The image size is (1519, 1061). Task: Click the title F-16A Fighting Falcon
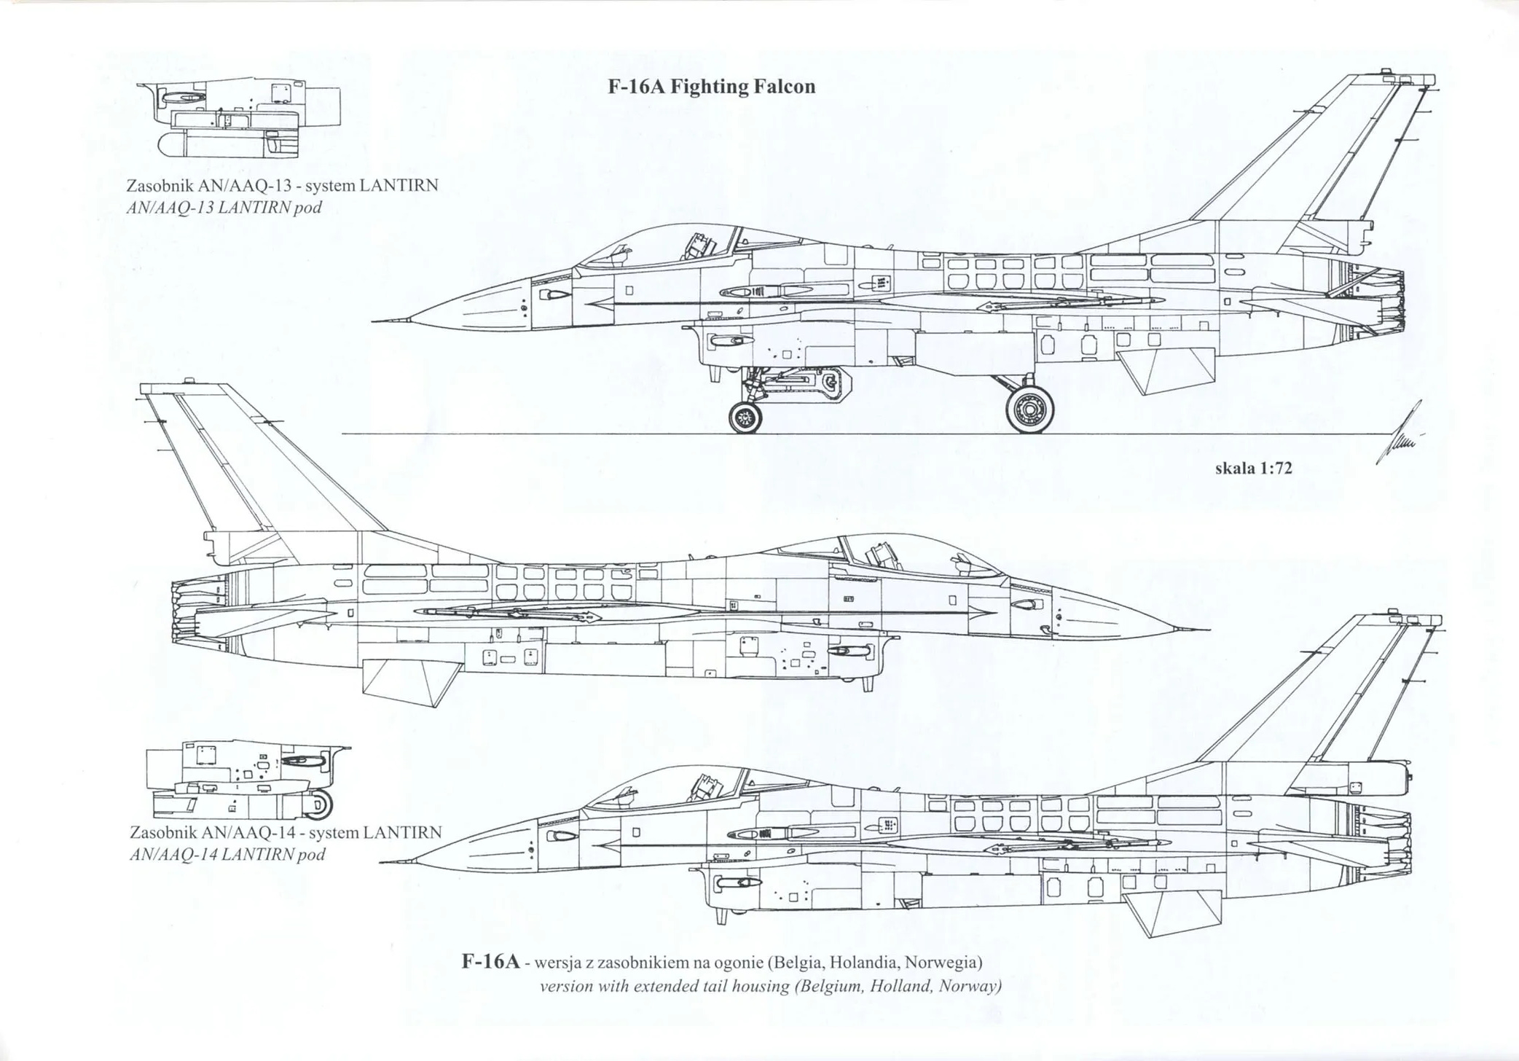[x=711, y=87]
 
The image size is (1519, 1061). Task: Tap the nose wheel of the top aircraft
[x=745, y=418]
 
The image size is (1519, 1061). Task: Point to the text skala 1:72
[x=1253, y=469]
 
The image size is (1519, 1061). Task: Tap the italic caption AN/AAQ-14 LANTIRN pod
[x=227, y=854]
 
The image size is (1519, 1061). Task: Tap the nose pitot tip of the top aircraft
[x=374, y=321]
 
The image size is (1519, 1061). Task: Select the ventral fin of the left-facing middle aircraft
[x=408, y=682]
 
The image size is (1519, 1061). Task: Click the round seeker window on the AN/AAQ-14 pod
[x=321, y=803]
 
